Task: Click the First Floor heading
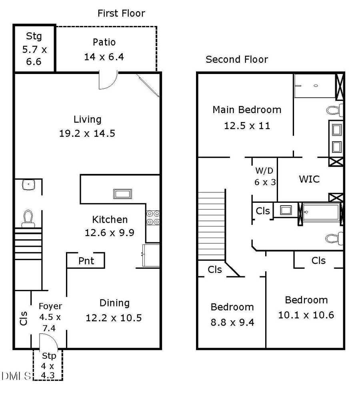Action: [121, 13]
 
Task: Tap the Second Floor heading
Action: [236, 60]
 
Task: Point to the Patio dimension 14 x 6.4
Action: [104, 57]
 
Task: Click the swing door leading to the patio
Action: [107, 80]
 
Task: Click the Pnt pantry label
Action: [86, 261]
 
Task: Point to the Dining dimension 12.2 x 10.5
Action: [114, 318]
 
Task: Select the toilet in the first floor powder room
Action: [28, 218]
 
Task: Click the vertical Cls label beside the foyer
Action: [24, 318]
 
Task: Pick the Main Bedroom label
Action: [247, 110]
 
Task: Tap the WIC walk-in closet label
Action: [309, 179]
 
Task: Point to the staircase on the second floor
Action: [212, 226]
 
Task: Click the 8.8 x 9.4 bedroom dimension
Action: [232, 322]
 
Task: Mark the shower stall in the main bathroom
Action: [314, 86]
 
